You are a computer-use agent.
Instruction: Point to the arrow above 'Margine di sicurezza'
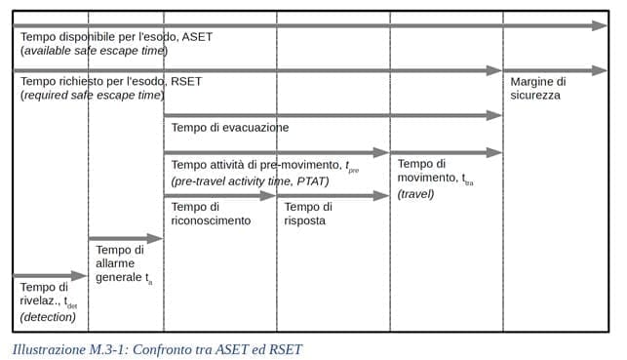[555, 70]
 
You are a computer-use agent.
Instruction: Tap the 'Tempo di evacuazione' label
[229, 127]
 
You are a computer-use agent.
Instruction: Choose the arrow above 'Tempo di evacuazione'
[332, 115]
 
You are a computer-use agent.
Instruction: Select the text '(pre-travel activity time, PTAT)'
[250, 181]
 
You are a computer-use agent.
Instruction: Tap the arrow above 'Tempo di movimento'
[447, 152]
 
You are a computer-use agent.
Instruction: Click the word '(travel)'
[415, 194]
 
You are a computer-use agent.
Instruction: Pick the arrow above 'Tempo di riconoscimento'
[219, 195]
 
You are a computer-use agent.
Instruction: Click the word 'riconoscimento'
[211, 220]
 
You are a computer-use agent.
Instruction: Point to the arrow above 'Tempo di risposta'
[333, 195]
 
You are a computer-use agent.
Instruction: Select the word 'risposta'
[305, 220]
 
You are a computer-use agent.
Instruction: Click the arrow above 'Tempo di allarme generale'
[125, 238]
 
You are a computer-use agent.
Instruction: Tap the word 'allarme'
[116, 264]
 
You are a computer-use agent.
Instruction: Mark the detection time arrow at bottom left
[50, 276]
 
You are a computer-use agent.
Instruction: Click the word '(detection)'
[48, 316]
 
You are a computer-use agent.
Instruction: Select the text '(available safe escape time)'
[94, 50]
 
